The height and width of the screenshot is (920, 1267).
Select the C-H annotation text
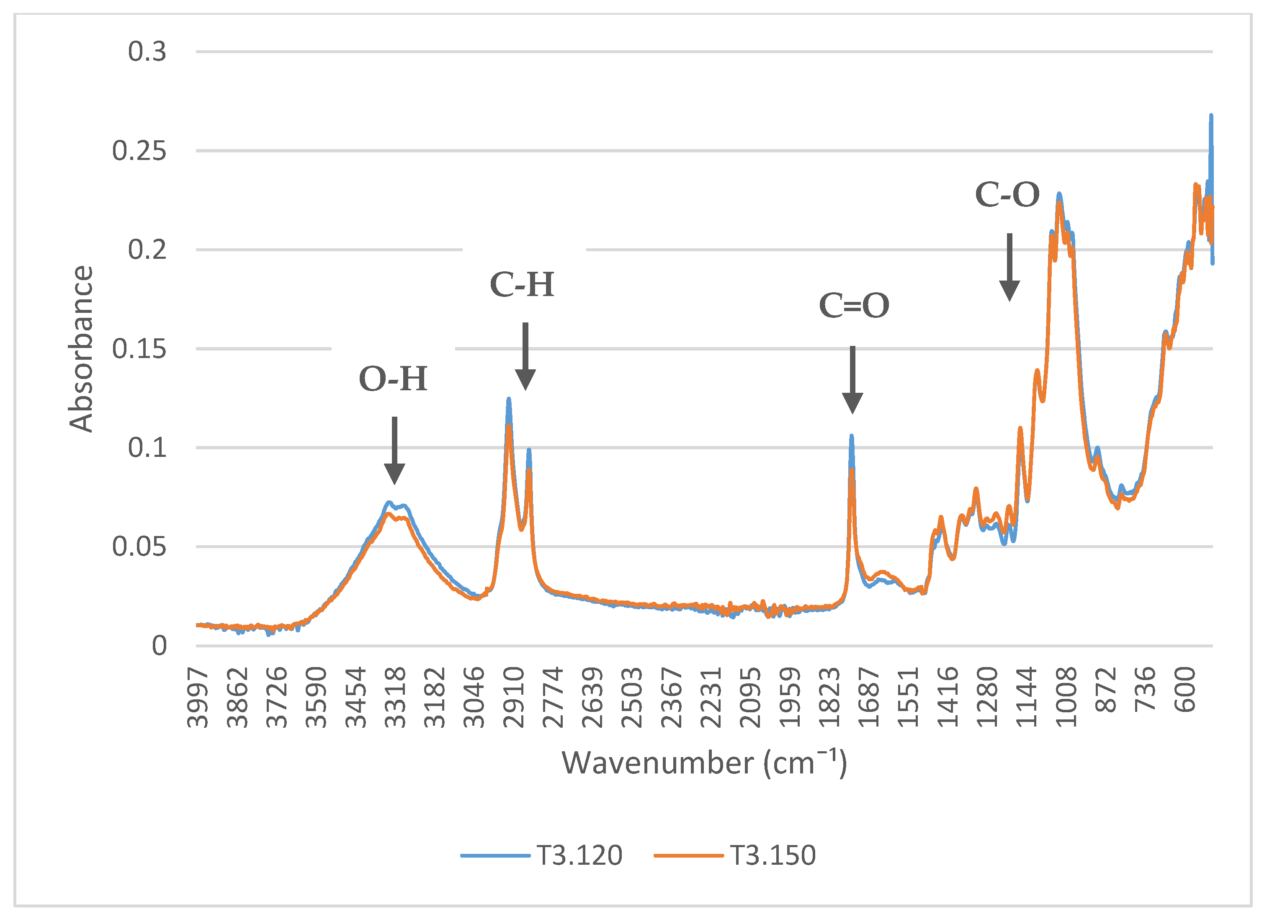(x=522, y=284)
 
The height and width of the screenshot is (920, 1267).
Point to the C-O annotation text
(x=1007, y=195)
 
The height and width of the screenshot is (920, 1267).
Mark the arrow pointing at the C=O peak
(x=852, y=380)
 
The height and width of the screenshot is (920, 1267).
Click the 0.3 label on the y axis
(x=147, y=52)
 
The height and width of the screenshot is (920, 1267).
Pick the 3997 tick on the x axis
(x=197, y=698)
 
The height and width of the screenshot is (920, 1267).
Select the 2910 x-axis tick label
(x=513, y=698)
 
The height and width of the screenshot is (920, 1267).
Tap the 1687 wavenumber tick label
(x=869, y=698)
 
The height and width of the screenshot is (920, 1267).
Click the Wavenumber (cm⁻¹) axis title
(x=704, y=763)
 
